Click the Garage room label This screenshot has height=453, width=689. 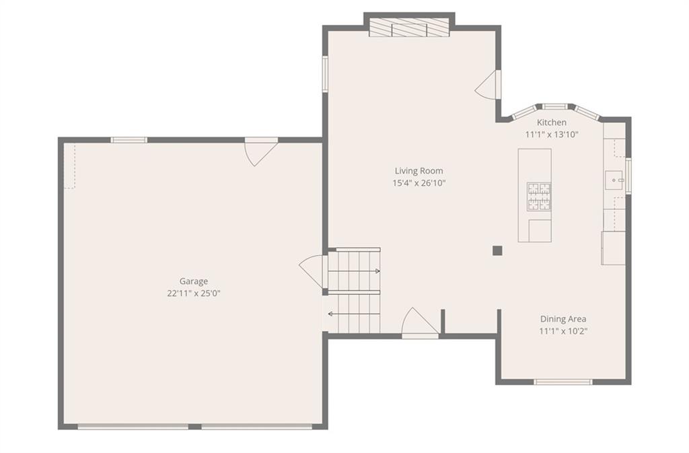[x=193, y=281]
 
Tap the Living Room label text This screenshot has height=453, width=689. [x=419, y=171]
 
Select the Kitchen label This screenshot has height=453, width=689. [x=552, y=122]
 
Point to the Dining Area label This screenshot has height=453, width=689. [x=563, y=319]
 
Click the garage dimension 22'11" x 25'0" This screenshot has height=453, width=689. [x=193, y=293]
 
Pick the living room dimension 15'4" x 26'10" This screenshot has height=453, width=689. [x=419, y=183]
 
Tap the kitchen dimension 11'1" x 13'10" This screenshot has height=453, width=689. [x=552, y=135]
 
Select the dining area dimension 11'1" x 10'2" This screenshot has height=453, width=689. [x=563, y=331]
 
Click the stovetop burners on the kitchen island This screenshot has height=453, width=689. [x=539, y=196]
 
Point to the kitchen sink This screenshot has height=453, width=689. [x=614, y=180]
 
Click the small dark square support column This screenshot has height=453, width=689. [x=497, y=250]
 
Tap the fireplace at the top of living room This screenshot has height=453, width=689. [x=409, y=27]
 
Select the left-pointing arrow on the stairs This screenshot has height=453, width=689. [x=354, y=314]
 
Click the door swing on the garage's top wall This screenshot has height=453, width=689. [x=261, y=153]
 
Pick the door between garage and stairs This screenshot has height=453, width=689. [x=313, y=271]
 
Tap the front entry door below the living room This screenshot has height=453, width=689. [x=420, y=322]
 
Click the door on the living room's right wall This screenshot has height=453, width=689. [x=488, y=84]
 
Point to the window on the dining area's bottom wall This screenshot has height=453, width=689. [x=563, y=382]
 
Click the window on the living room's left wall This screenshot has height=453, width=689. [x=326, y=73]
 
